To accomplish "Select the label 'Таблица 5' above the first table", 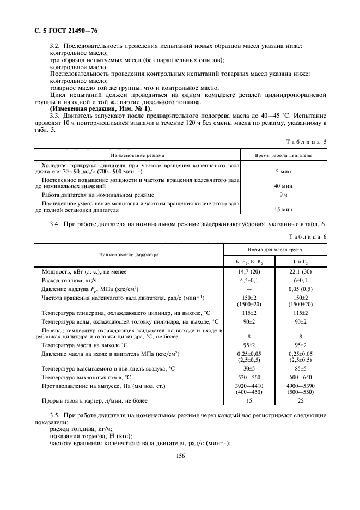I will click(x=307, y=141).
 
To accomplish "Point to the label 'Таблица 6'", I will click(x=307, y=236).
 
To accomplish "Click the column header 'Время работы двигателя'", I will click(x=283, y=155).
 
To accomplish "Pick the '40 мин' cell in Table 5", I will click(x=283, y=186).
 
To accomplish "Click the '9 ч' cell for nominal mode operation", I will click(x=283, y=194).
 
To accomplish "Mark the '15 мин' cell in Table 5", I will click(x=283, y=209).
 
